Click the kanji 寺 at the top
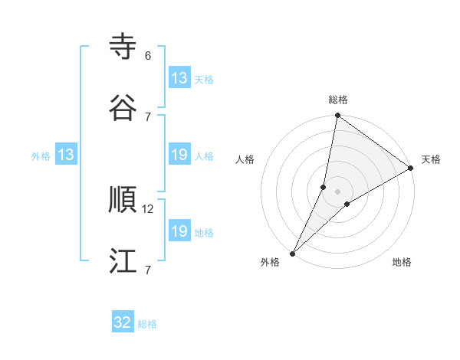click(123, 47)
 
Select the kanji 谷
click(123, 108)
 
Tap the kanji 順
click(123, 200)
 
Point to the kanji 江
click(123, 260)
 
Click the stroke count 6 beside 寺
click(148, 56)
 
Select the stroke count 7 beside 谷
click(148, 116)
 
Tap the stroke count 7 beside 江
click(148, 269)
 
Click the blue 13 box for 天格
click(179, 78)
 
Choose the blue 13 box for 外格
click(66, 155)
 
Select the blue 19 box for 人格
click(179, 155)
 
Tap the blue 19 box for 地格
click(179, 231)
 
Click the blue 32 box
click(123, 322)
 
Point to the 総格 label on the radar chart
click(338, 100)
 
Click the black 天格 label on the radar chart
click(431, 159)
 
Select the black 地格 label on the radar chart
click(402, 262)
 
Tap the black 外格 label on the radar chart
click(270, 262)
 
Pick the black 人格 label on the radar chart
click(245, 159)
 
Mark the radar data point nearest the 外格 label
click(293, 253)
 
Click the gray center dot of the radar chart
click(338, 191)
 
